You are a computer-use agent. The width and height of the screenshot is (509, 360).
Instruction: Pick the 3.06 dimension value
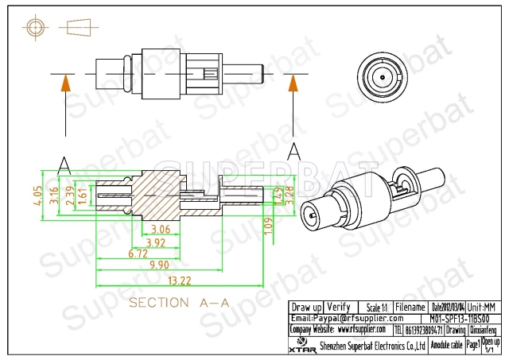[160, 230]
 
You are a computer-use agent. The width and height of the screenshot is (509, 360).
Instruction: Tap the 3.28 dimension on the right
[289, 196]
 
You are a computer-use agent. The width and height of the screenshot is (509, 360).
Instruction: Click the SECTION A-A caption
[179, 303]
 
